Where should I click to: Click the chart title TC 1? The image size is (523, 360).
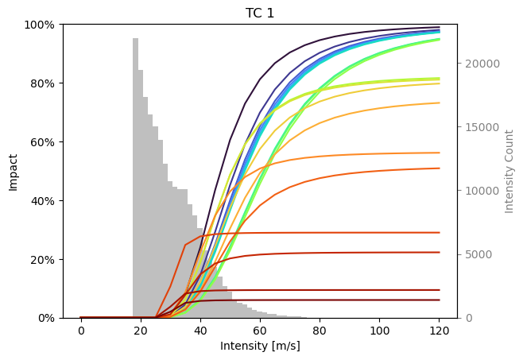click(x=260, y=13)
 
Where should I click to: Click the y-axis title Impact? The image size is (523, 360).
click(x=13, y=171)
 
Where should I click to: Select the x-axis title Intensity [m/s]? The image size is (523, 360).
click(x=260, y=346)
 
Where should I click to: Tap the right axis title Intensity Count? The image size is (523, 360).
click(x=509, y=171)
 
